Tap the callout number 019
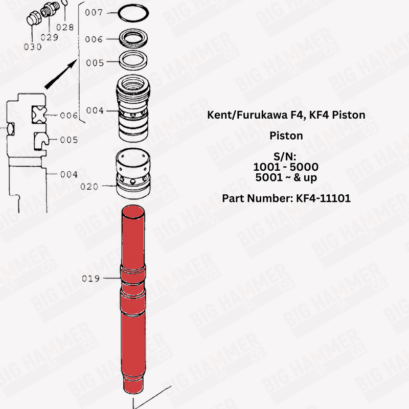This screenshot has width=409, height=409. tap(92, 279)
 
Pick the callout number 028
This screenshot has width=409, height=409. tap(65, 27)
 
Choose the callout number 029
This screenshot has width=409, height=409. tap(49, 37)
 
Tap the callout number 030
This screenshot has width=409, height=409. tap(32, 47)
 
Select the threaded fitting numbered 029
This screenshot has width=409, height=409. tap(49, 9)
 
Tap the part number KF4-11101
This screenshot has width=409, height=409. tap(323, 198)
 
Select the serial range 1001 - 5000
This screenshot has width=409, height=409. tap(286, 167)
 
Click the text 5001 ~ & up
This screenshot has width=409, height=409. tap(286, 178)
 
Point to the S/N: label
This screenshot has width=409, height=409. tap(286, 156)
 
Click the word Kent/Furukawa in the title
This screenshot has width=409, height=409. tap(244, 115)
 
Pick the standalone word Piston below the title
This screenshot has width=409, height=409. tap(286, 136)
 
